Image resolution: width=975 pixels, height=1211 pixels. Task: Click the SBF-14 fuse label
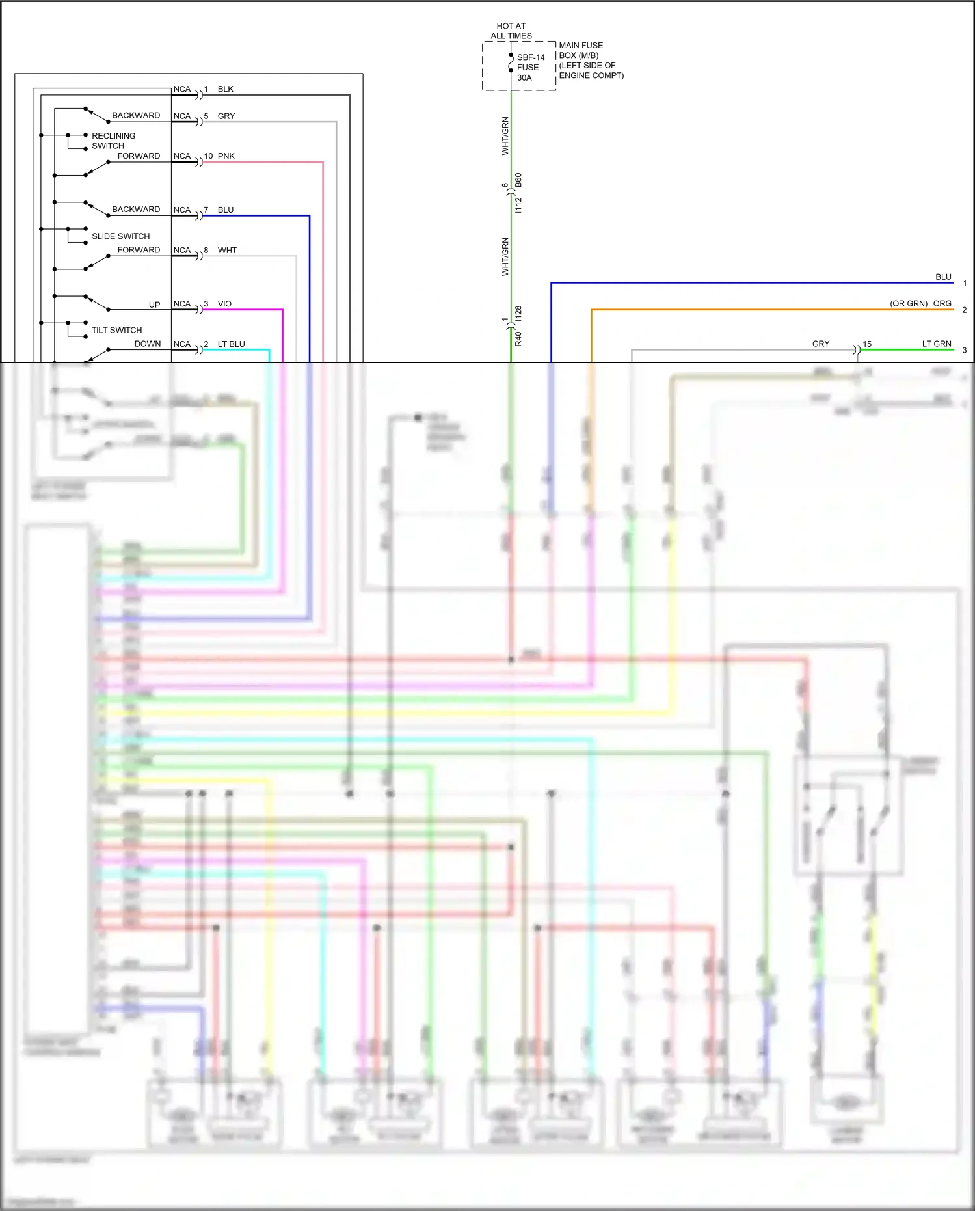[x=530, y=57]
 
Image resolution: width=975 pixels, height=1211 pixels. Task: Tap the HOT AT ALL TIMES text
[x=511, y=31]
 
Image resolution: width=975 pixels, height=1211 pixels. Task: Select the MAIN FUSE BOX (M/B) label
[x=581, y=50]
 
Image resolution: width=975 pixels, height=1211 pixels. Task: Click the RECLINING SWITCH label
[x=113, y=141]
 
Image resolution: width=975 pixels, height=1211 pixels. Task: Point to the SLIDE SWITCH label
[x=120, y=236]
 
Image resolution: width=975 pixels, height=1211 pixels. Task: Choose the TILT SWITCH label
[x=116, y=330]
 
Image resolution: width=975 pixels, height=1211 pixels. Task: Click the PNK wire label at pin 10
[x=226, y=156]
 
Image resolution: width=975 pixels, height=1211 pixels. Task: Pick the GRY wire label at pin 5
[x=226, y=116]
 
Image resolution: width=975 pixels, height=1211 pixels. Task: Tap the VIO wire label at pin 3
[x=224, y=304]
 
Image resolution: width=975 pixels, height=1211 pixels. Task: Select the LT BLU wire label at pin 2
[x=231, y=344]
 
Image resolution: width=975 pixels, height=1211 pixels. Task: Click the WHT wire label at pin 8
[x=227, y=251]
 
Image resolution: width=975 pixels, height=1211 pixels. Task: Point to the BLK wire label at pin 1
[x=225, y=89]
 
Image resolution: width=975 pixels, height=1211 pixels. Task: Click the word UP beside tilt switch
[x=154, y=305]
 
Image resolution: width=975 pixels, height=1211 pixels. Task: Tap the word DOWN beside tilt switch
[x=148, y=344]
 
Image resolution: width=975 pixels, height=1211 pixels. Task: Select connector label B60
[x=518, y=180]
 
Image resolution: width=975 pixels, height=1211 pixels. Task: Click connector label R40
[x=518, y=338]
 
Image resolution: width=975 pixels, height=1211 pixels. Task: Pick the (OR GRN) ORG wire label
[x=920, y=303]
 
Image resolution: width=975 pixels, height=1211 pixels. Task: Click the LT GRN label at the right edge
[x=936, y=344]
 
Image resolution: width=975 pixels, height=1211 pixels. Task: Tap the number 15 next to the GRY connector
[x=866, y=344]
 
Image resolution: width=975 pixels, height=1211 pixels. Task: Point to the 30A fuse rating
[x=524, y=77]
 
